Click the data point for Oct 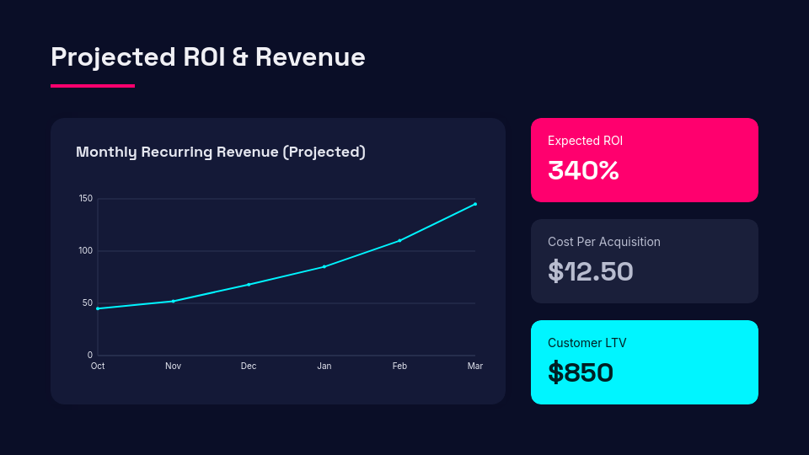pyautogui.click(x=98, y=308)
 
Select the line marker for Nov pyautogui.click(x=173, y=301)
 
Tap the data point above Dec pyautogui.click(x=249, y=285)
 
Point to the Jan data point pyautogui.click(x=324, y=266)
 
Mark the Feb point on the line pyautogui.click(x=399, y=240)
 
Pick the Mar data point pyautogui.click(x=475, y=204)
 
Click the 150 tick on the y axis pyautogui.click(x=86, y=199)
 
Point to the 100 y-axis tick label pyautogui.click(x=86, y=251)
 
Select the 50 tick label pyautogui.click(x=88, y=303)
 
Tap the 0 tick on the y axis pyautogui.click(x=90, y=356)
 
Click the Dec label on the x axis pyautogui.click(x=249, y=366)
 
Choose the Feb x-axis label pyautogui.click(x=399, y=366)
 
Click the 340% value pyautogui.click(x=583, y=170)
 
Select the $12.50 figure pyautogui.click(x=590, y=271)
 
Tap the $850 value pyautogui.click(x=580, y=372)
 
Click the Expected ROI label pyautogui.click(x=585, y=141)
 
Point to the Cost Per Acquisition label pyautogui.click(x=603, y=242)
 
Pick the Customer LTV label pyautogui.click(x=587, y=343)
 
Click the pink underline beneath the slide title pyautogui.click(x=93, y=85)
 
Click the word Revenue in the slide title pyautogui.click(x=310, y=57)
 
